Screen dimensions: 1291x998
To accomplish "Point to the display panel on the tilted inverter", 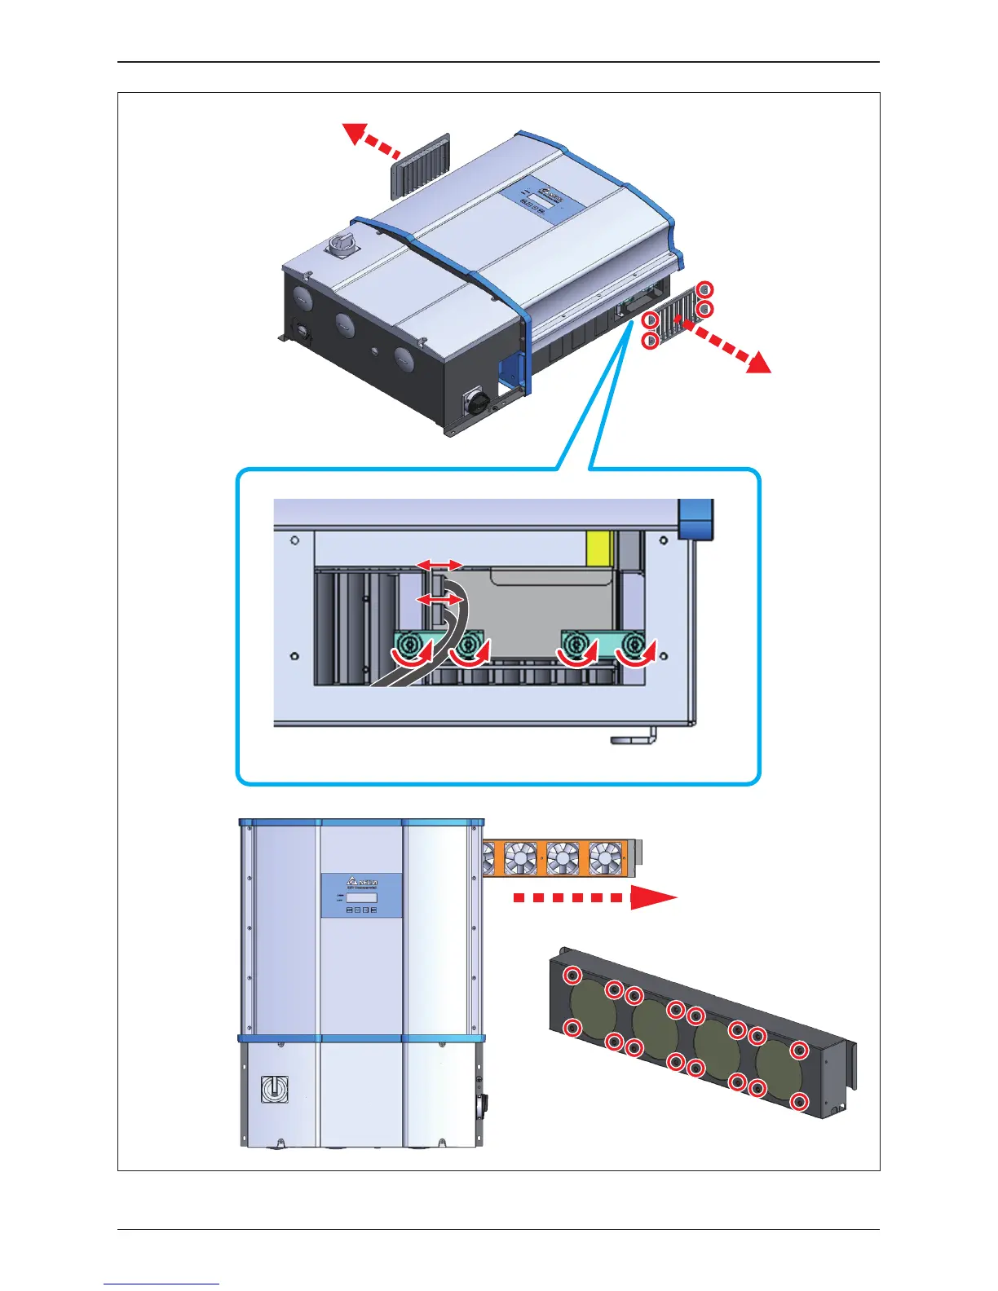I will click(x=539, y=199).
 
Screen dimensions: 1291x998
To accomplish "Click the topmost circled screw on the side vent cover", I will click(x=706, y=289).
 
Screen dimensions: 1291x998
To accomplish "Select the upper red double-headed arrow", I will click(x=439, y=565).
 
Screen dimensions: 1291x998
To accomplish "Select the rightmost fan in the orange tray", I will click(x=604, y=858).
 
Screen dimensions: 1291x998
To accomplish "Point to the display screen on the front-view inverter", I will click(x=361, y=897).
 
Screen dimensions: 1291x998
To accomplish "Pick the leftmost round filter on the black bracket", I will click(x=594, y=1007).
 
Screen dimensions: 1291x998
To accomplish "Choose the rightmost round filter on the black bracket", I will click(x=779, y=1070).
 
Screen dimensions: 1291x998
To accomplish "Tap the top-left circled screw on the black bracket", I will click(x=573, y=976).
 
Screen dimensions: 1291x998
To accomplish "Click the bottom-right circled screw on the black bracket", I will click(x=799, y=1103).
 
